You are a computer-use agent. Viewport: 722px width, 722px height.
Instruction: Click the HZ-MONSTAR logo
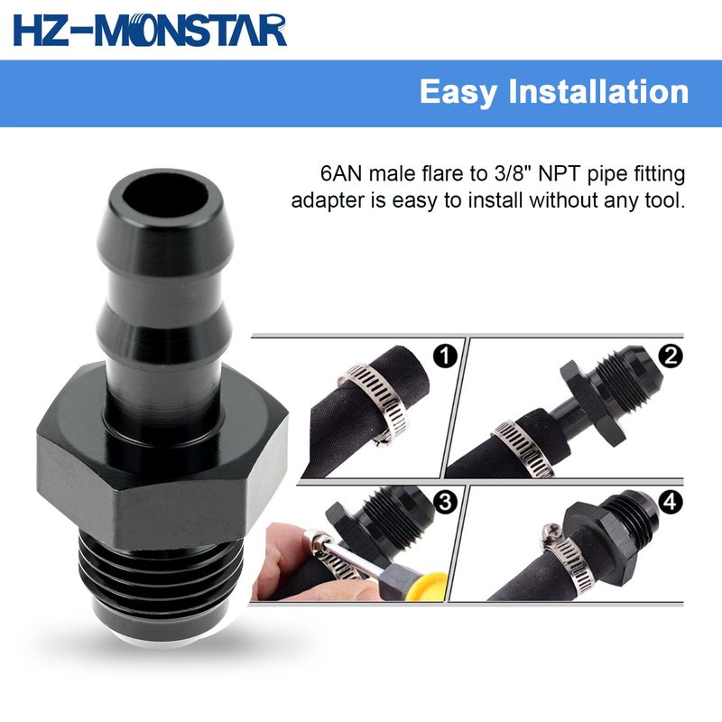150,31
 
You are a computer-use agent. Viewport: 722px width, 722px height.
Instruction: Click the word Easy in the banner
458,93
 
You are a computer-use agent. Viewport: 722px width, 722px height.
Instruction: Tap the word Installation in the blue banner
598,91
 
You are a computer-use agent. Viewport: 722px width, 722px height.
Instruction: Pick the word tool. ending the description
665,200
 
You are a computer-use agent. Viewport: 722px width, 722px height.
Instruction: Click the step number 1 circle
445,356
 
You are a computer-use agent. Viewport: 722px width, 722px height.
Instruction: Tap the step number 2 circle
670,356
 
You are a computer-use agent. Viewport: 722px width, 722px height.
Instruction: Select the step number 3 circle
445,502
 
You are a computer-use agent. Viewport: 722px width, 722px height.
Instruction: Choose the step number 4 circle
670,502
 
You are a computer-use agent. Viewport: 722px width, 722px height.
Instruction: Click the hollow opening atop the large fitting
166,193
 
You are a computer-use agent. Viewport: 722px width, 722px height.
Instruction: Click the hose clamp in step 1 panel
374,403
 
